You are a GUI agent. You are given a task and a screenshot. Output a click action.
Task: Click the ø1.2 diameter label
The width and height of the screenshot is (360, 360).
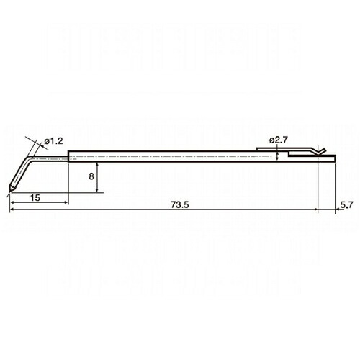(53, 141)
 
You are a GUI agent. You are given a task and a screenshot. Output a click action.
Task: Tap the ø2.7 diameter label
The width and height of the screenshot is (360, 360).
(278, 140)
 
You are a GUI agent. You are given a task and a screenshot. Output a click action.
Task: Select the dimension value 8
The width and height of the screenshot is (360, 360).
(91, 176)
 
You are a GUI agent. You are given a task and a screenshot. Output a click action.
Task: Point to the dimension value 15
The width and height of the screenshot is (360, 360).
(35, 198)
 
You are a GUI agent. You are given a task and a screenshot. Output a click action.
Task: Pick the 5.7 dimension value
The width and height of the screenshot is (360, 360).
(347, 204)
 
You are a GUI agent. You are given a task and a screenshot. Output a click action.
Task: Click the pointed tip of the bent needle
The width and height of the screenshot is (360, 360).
(10, 191)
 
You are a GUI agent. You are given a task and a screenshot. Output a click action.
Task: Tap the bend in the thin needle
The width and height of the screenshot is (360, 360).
(28, 159)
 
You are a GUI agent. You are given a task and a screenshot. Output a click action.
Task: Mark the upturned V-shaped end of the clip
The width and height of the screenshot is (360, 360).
(321, 151)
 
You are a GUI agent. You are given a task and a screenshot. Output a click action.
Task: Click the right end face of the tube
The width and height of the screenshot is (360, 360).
(335, 158)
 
